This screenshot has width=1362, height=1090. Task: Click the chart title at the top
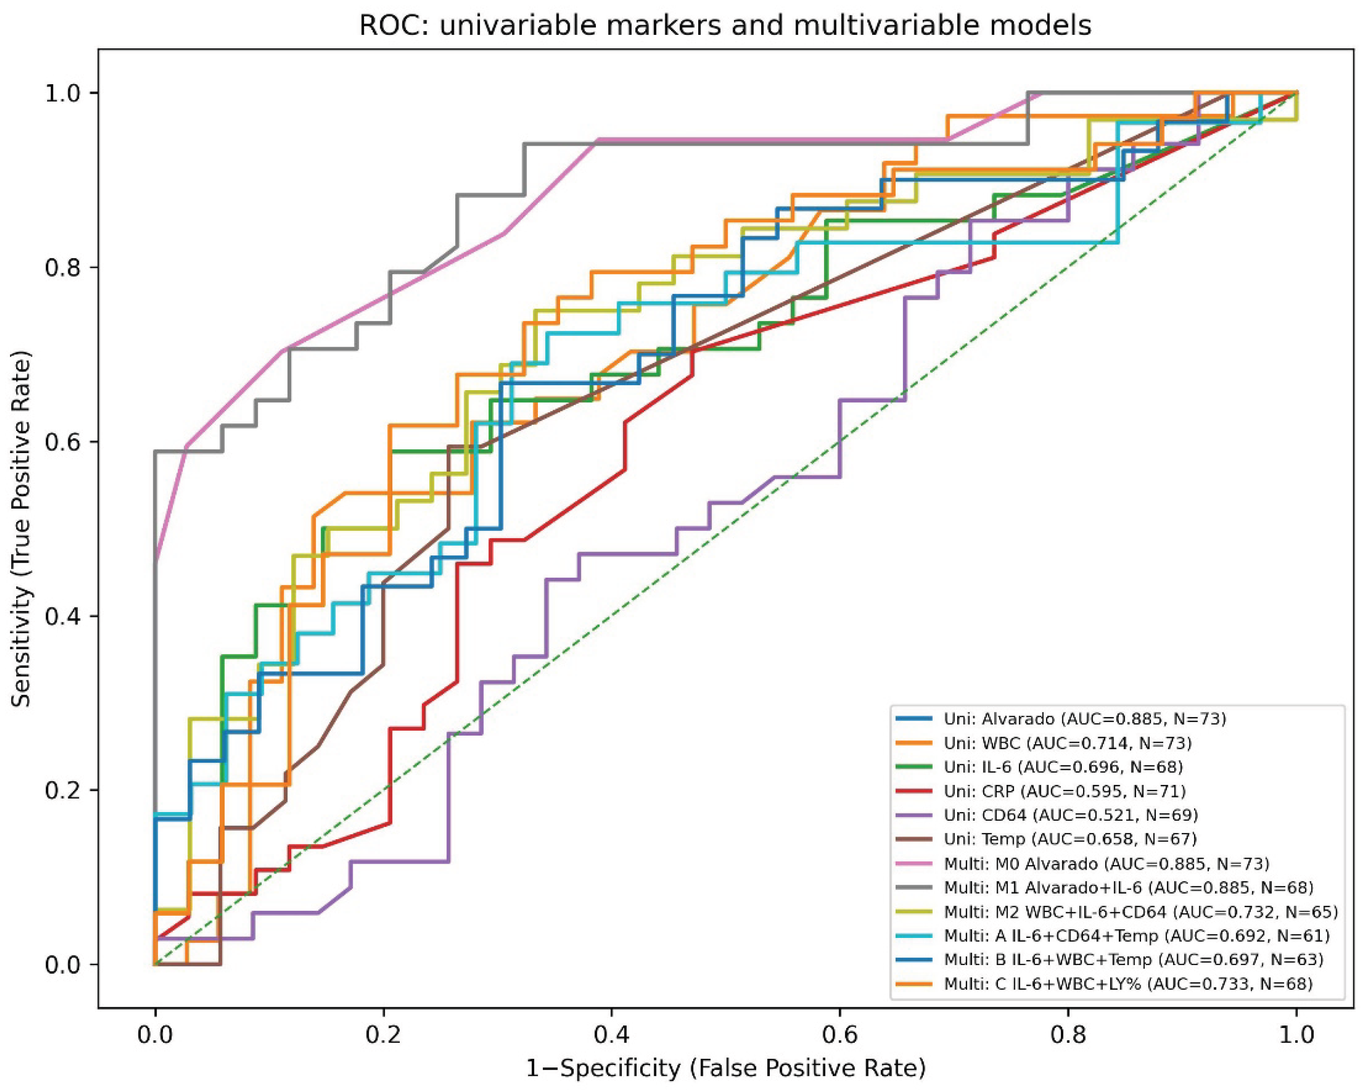(725, 26)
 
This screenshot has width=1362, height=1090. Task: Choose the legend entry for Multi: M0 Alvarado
(1082, 863)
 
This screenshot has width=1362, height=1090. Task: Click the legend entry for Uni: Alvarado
(1061, 719)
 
